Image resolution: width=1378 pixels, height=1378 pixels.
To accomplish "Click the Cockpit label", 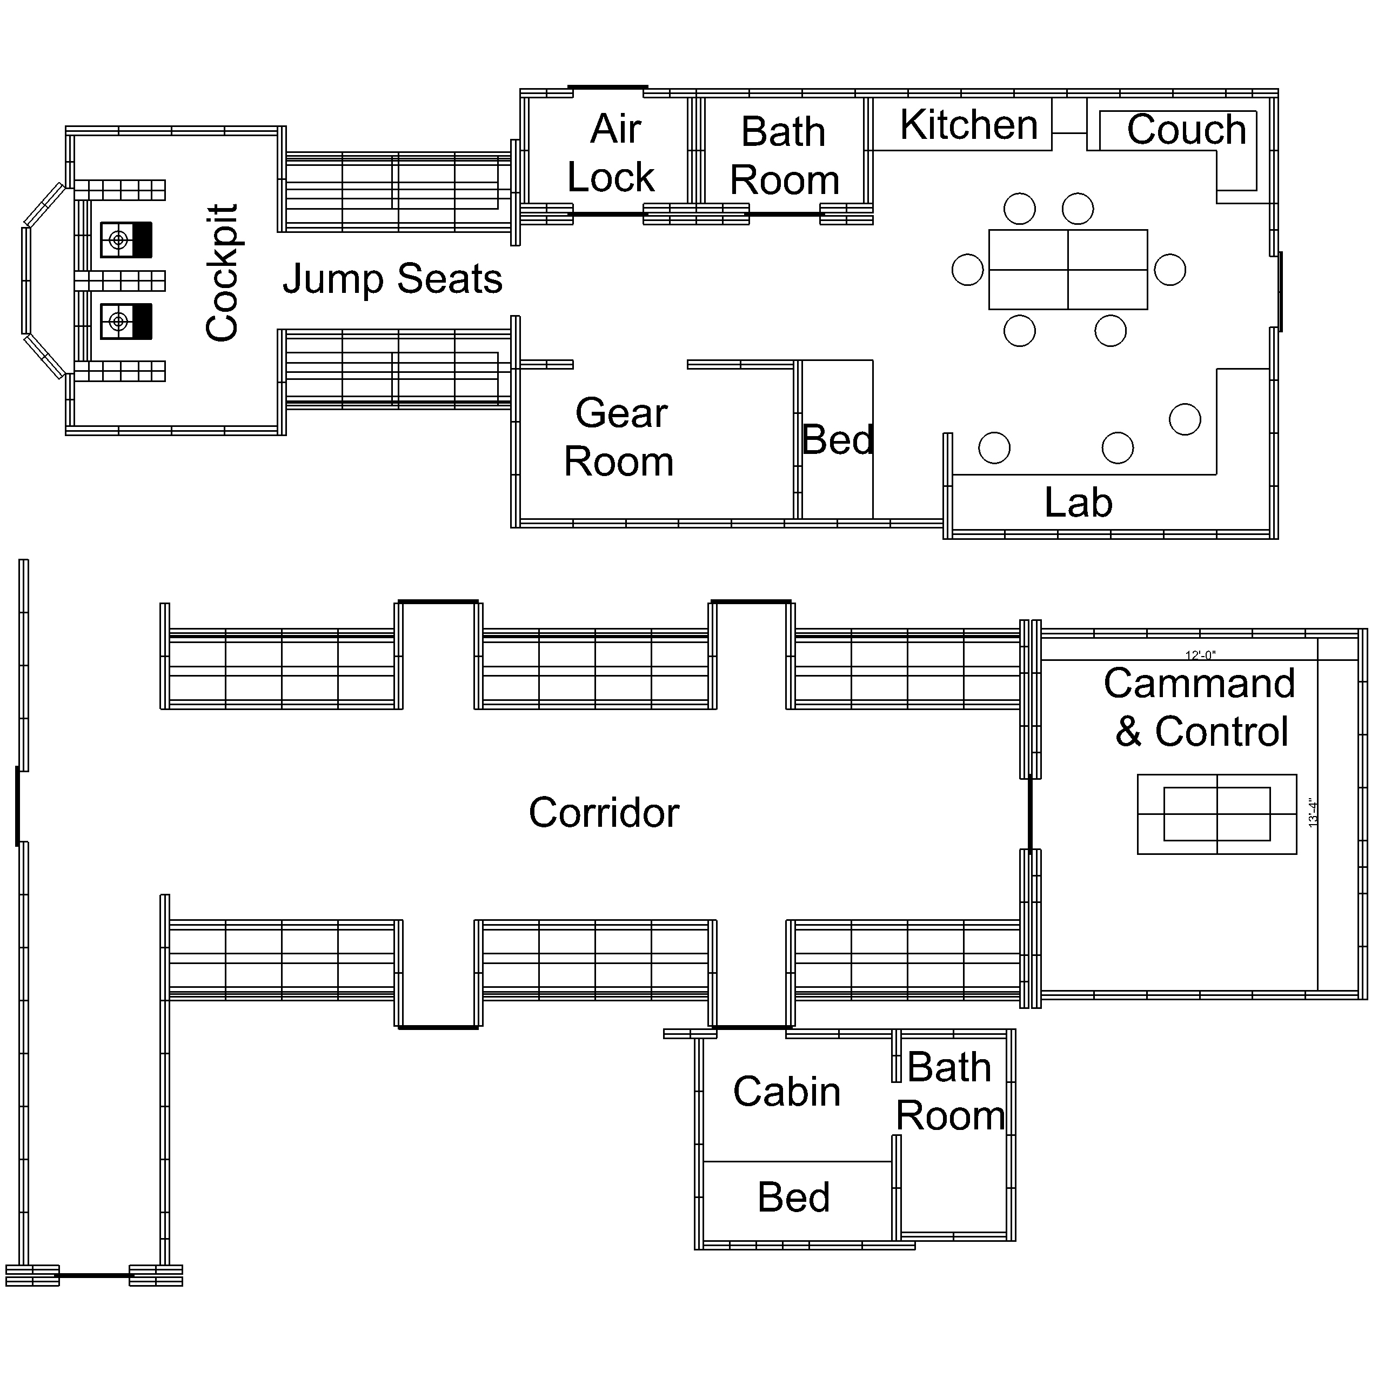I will [x=222, y=273].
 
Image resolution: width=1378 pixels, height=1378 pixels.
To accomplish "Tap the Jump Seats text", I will [x=392, y=278].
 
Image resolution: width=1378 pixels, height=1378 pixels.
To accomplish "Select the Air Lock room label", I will [x=611, y=153].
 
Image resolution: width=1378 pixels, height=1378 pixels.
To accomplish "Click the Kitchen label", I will [x=968, y=125].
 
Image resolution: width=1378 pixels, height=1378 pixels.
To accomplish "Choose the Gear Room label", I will [x=619, y=437].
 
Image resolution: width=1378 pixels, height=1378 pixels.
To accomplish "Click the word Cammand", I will [x=1199, y=683].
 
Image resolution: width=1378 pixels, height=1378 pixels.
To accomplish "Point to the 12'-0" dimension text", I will [x=1200, y=655].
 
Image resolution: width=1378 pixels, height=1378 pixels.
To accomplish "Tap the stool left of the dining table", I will [x=967, y=270].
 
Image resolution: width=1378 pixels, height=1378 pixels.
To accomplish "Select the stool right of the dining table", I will [x=1170, y=270].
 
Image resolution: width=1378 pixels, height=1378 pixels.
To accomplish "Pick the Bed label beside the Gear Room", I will [x=838, y=439].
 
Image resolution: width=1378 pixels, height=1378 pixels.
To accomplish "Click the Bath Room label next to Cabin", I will [x=950, y=1091].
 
